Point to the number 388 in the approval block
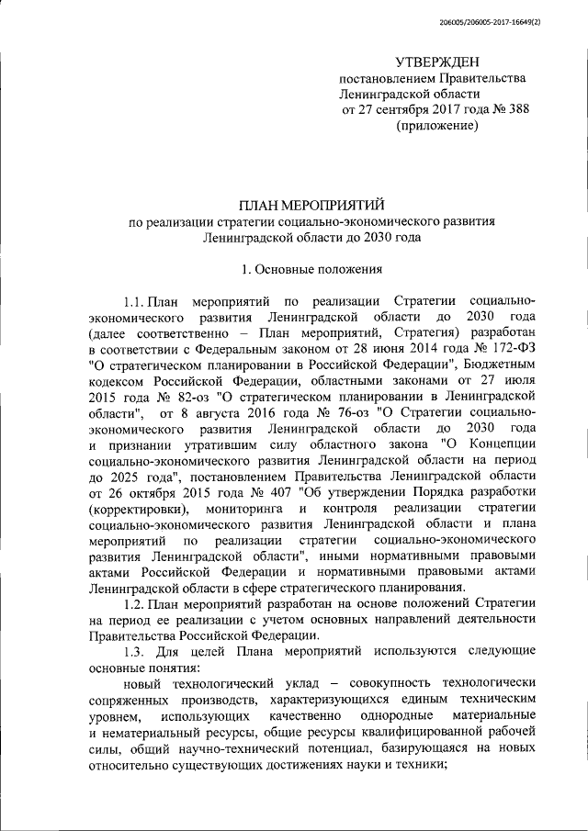516,110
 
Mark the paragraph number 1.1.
136,301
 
